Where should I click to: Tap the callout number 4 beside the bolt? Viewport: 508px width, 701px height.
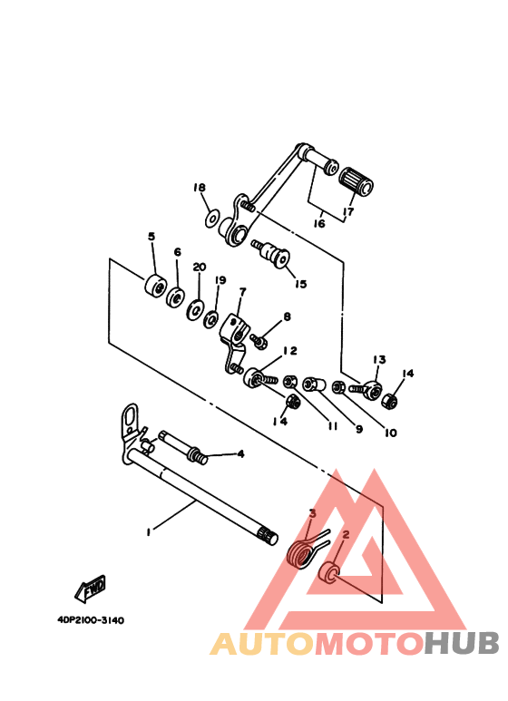coord(240,453)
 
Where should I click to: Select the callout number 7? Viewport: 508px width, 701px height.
coord(242,293)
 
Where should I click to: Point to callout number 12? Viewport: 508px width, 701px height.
coord(289,351)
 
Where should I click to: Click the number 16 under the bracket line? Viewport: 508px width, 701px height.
coord(319,223)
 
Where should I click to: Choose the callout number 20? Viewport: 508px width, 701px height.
coord(199,268)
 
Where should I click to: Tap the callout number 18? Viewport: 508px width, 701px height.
coord(200,188)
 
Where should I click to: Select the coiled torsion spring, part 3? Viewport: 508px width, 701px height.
coord(299,551)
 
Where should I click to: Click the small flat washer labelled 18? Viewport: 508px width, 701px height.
coord(211,218)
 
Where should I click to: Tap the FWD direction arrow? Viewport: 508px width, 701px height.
coord(93,590)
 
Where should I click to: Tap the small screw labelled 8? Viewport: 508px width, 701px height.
coord(258,342)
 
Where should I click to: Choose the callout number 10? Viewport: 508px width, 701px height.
coord(390,433)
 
